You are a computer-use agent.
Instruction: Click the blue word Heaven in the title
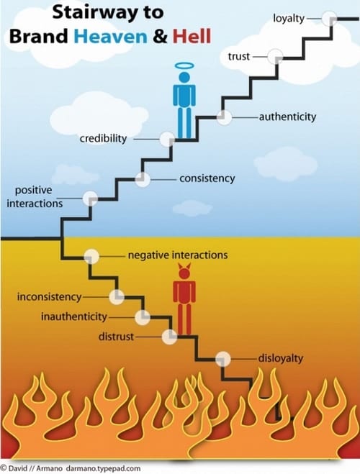coord(110,36)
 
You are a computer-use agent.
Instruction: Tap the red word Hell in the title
coord(192,36)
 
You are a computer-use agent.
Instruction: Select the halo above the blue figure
coord(184,66)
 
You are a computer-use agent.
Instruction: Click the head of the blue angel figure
coord(184,78)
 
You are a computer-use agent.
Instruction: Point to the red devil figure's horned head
coord(184,272)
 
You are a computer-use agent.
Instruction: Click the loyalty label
coord(289,19)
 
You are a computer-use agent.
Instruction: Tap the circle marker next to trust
coord(275,56)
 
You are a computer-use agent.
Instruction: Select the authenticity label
coord(287,117)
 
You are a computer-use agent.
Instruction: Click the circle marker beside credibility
coord(167,139)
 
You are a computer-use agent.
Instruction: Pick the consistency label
coord(207,178)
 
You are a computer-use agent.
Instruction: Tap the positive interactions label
coord(35,197)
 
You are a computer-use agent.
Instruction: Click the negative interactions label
coord(178,255)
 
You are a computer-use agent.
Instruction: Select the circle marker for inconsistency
coord(117,297)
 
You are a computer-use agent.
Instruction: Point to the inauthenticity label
coord(74,316)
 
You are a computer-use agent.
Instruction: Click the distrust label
coord(116,337)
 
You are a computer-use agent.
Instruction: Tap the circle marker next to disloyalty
coord(223,359)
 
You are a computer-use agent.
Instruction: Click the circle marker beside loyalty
coord(329,19)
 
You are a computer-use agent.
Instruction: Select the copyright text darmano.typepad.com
coord(103,468)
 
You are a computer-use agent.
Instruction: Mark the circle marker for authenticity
coord(224,117)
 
